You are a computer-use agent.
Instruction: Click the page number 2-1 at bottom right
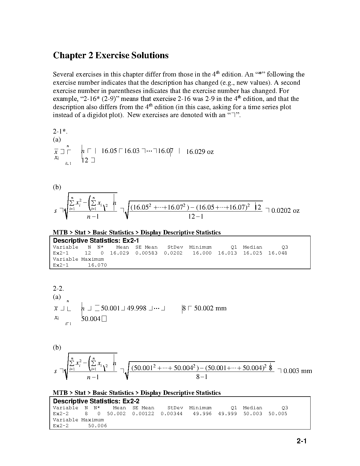click(x=301, y=441)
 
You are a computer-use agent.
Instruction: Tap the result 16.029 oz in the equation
click(x=200, y=152)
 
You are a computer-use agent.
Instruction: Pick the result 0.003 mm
click(x=298, y=371)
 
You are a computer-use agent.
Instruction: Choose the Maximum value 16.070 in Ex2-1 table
click(x=97, y=265)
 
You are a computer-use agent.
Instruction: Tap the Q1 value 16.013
click(x=227, y=253)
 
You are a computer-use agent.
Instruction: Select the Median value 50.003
click(x=253, y=414)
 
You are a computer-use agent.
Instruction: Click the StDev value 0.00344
click(x=171, y=414)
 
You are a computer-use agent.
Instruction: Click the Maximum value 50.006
click(x=97, y=426)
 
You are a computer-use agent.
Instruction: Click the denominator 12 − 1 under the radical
click(x=196, y=217)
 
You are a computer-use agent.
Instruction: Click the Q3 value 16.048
click(x=278, y=253)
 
